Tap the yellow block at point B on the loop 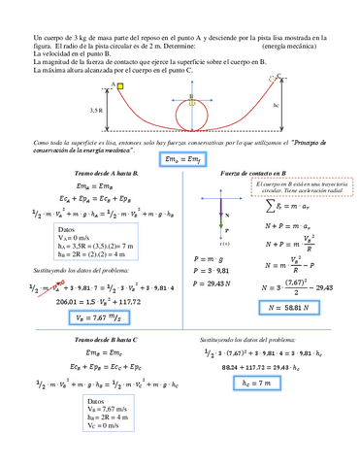pyautogui.click(x=192, y=101)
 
